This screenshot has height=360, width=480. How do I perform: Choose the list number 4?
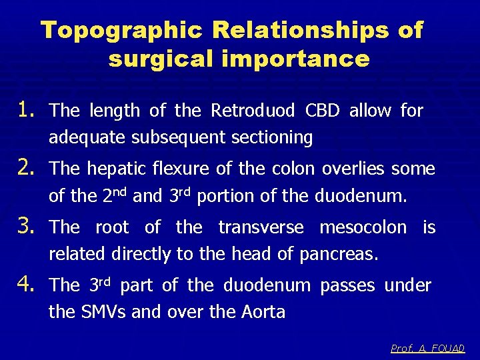pos(29,285)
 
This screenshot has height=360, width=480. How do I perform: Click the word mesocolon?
pos(363,227)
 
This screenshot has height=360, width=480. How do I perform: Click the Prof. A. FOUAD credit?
pos(427,348)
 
